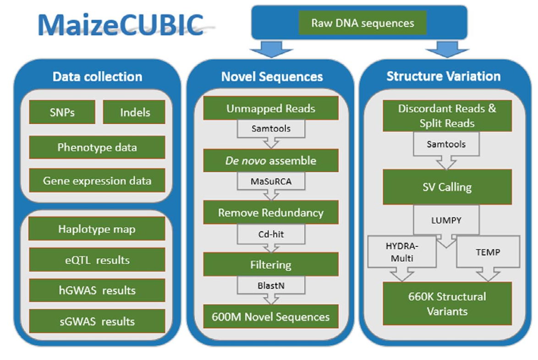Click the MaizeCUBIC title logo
pyautogui.click(x=121, y=25)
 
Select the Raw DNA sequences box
pyautogui.click(x=362, y=23)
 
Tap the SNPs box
pyautogui.click(x=62, y=112)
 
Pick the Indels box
pyautogui.click(x=134, y=112)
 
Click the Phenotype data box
pyautogui.click(x=97, y=147)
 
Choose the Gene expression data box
pyautogui.click(x=97, y=180)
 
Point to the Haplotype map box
pyautogui.click(x=97, y=229)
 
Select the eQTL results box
pyautogui.click(x=97, y=260)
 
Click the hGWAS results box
pyautogui.click(x=97, y=290)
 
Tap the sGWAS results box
pyautogui.click(x=97, y=321)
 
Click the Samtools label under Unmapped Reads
pyautogui.click(x=271, y=129)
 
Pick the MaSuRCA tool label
pyautogui.click(x=271, y=181)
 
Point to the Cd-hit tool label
pyautogui.click(x=271, y=234)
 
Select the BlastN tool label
pyautogui.click(x=271, y=286)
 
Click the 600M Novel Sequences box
pyautogui.click(x=271, y=316)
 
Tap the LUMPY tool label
pyautogui.click(x=446, y=220)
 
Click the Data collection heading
pyautogui.click(x=98, y=76)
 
